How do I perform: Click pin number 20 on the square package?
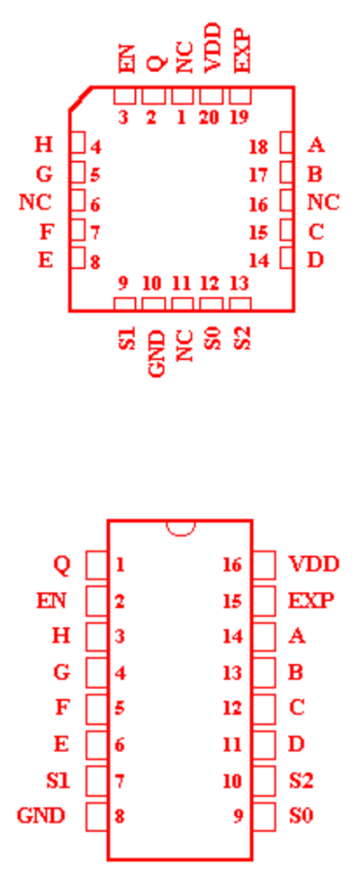(x=209, y=118)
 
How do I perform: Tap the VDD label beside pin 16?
(x=314, y=564)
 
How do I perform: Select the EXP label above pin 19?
(x=242, y=51)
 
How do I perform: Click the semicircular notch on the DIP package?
(x=181, y=528)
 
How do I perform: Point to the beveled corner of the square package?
(x=80, y=98)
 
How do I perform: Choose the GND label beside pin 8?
(x=40, y=815)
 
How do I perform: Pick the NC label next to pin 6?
(x=35, y=202)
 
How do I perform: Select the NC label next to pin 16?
(x=324, y=202)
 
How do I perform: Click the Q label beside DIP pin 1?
(x=62, y=564)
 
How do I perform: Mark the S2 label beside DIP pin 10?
(x=301, y=780)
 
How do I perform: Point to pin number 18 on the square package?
(x=259, y=148)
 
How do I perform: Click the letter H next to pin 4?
(x=44, y=145)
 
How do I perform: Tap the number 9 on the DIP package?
(x=238, y=816)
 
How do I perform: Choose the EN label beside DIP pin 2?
(x=51, y=601)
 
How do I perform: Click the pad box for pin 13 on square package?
(x=240, y=304)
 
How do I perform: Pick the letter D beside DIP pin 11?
(x=297, y=744)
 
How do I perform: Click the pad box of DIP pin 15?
(x=264, y=600)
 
